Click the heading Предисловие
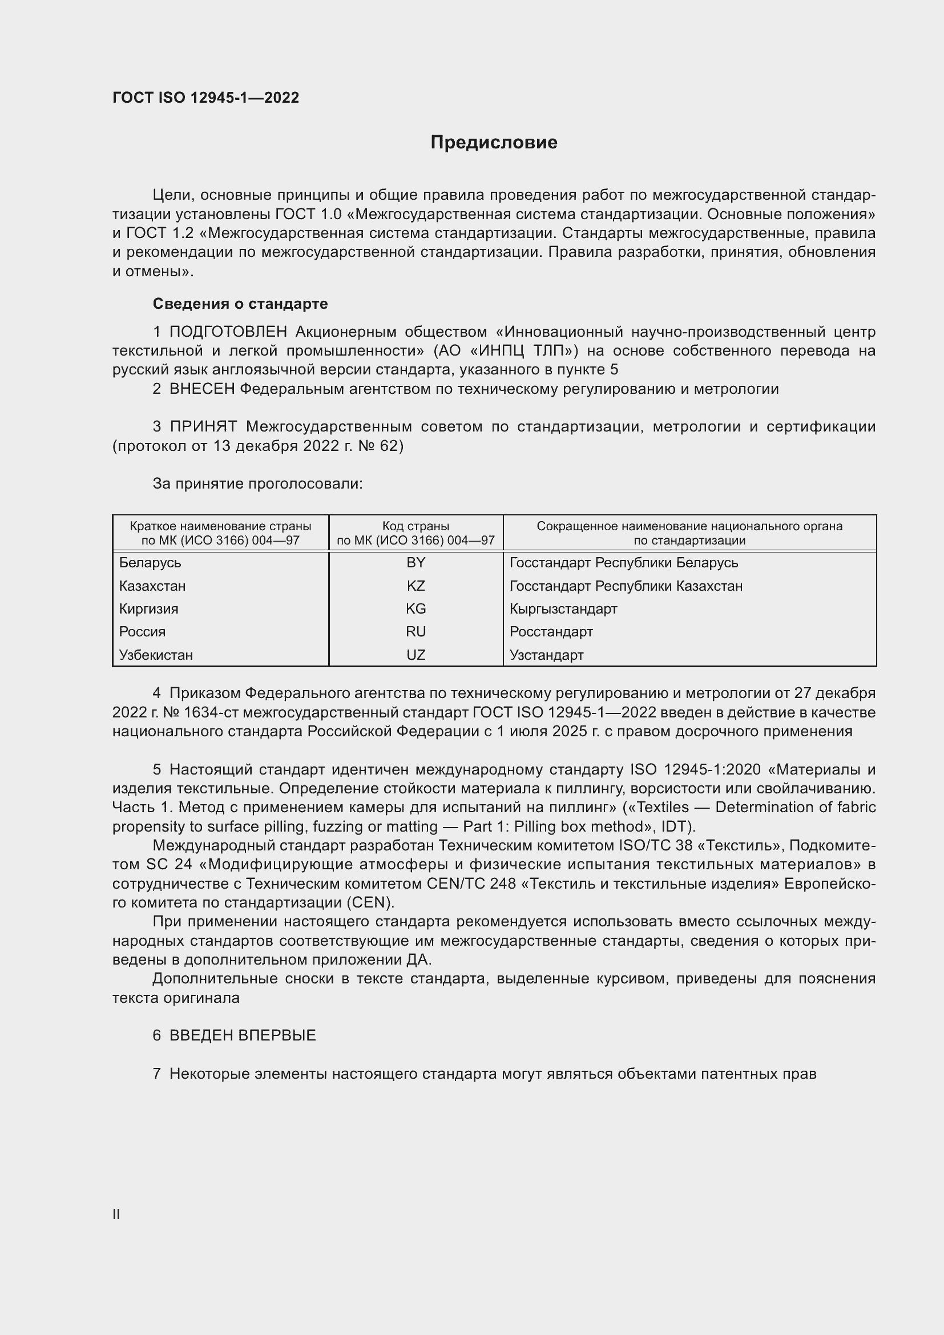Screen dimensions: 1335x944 coord(494,143)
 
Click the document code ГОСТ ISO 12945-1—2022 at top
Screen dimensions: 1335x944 coord(206,98)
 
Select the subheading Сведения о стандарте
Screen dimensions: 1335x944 coord(240,304)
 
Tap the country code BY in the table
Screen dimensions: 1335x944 coord(415,563)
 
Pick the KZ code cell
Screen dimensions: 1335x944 coord(415,586)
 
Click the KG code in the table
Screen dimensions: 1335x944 coord(415,609)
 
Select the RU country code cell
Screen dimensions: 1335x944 coord(415,632)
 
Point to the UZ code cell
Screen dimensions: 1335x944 coord(415,655)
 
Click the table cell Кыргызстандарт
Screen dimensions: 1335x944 coord(563,609)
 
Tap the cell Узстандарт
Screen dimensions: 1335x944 coord(546,655)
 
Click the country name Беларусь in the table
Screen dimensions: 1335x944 coord(150,563)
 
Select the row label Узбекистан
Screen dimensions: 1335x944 coord(156,655)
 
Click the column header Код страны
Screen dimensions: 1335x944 coord(415,526)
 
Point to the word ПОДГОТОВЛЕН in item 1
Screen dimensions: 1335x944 coord(228,332)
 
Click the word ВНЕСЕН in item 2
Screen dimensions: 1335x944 coord(201,389)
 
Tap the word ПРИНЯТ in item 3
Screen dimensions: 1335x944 coord(203,427)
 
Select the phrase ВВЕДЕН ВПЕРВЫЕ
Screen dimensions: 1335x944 coord(243,1035)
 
